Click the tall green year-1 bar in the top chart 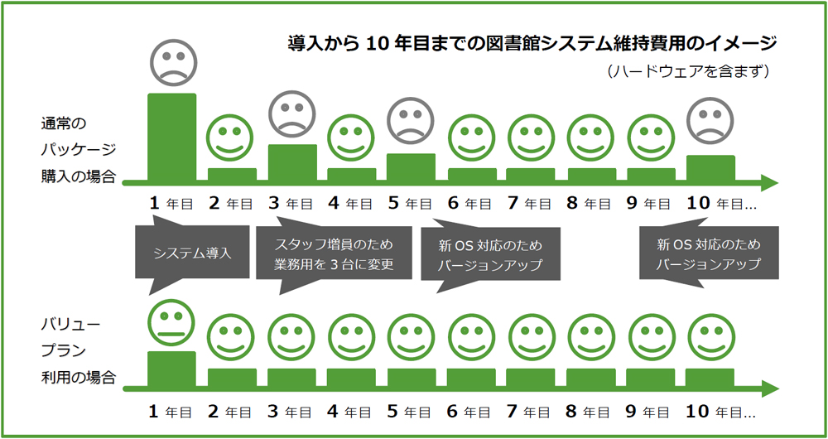tap(172, 137)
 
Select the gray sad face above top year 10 tap(710, 121)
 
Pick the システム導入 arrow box tap(192, 252)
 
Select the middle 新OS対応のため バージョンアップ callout tap(493, 255)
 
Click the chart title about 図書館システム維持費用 tap(532, 42)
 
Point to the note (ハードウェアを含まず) tap(690, 72)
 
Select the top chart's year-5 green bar tap(411, 166)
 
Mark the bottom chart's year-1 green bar tap(172, 369)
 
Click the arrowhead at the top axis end tap(769, 183)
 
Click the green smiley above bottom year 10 tap(710, 337)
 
